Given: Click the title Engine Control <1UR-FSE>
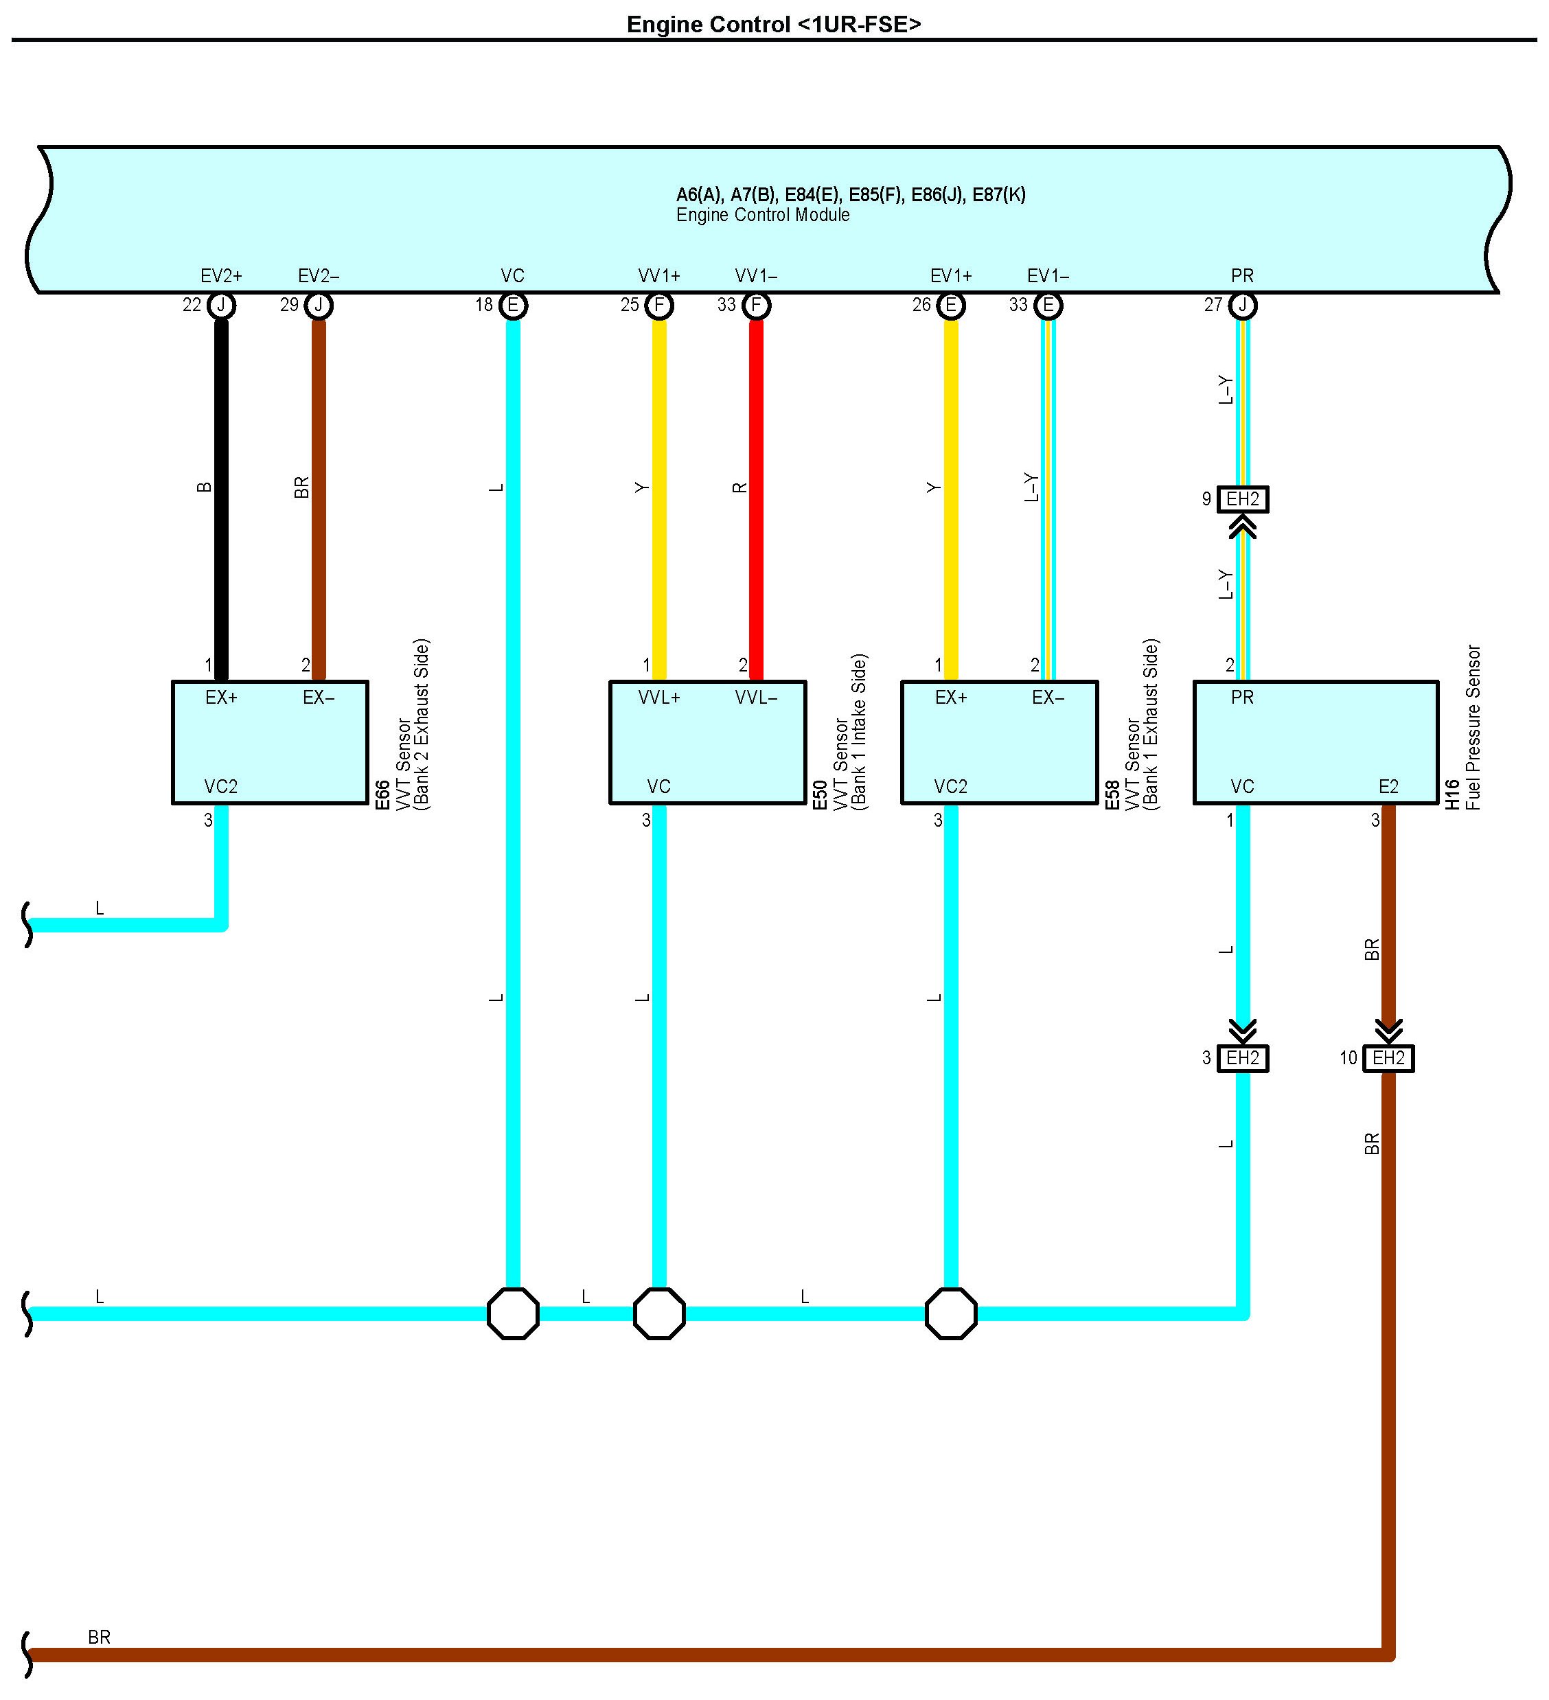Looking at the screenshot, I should click(x=773, y=25).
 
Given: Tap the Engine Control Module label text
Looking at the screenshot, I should click(x=762, y=215).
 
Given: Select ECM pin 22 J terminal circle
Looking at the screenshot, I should click(x=221, y=306).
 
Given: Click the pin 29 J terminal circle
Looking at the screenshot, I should click(x=319, y=306).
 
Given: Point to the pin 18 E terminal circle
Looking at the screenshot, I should click(x=513, y=306).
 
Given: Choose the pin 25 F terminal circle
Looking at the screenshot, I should click(x=658, y=306).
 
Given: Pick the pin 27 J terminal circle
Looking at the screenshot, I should click(x=1242, y=306).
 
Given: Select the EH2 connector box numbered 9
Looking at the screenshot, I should click(x=1242, y=499).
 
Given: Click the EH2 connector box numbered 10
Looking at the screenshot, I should click(x=1388, y=1057).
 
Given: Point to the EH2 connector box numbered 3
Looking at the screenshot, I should click(x=1242, y=1057).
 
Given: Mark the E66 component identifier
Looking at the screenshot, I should click(x=382, y=794).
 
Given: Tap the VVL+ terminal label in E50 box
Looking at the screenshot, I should click(x=658, y=698).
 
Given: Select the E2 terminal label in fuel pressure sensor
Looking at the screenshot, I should click(x=1388, y=787).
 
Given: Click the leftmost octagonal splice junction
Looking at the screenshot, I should click(x=513, y=1313).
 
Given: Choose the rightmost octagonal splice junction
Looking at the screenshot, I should click(x=950, y=1313).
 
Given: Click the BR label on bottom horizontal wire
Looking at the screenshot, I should click(x=99, y=1637).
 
